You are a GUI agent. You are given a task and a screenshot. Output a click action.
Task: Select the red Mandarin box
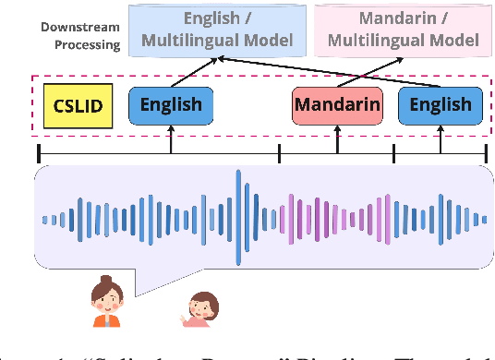pos(337,105)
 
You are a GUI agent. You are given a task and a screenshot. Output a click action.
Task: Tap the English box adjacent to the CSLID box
pos(171,105)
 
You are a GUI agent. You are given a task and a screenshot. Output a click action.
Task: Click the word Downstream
pos(79,27)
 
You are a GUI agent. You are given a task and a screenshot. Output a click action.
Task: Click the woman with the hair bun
pos(106,302)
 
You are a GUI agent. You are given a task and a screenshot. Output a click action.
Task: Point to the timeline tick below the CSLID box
pos(39,153)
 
